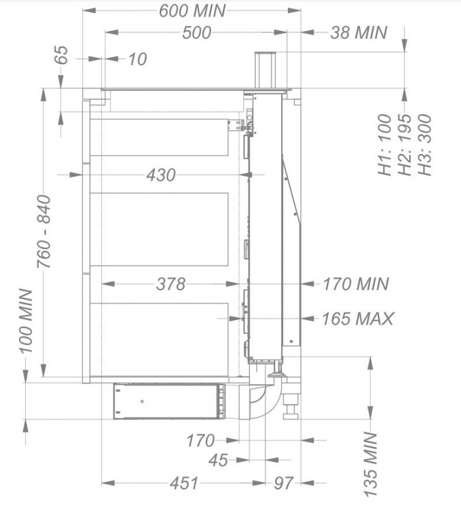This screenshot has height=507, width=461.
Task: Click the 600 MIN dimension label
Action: (x=193, y=11)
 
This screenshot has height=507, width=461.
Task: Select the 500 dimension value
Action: (x=196, y=33)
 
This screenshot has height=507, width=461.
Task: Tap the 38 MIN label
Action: (x=358, y=33)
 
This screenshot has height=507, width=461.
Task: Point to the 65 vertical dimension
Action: (x=61, y=55)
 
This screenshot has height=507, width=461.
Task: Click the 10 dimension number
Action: (x=137, y=59)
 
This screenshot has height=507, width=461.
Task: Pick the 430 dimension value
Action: (x=161, y=175)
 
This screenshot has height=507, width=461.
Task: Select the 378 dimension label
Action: (x=170, y=284)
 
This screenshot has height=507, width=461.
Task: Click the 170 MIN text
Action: (x=356, y=284)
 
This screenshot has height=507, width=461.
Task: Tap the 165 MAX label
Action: (x=358, y=319)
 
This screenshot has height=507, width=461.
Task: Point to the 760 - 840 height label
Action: (x=44, y=231)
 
